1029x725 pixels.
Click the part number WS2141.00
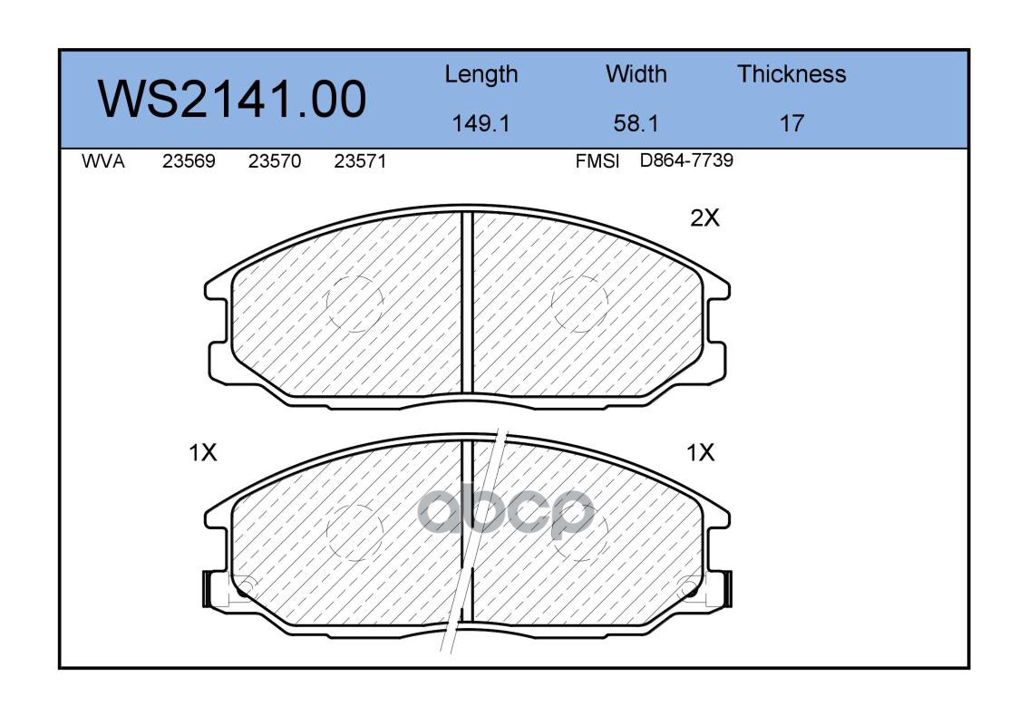(x=232, y=99)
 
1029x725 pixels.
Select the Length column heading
(x=481, y=75)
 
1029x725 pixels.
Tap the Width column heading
(x=636, y=73)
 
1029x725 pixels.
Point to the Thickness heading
(x=791, y=73)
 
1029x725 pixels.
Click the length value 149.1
(x=481, y=123)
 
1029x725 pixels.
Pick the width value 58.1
(x=636, y=123)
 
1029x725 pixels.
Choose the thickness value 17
(x=791, y=123)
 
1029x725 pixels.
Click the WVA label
(x=103, y=161)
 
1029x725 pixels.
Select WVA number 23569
(x=189, y=161)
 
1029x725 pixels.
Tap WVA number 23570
(x=275, y=161)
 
